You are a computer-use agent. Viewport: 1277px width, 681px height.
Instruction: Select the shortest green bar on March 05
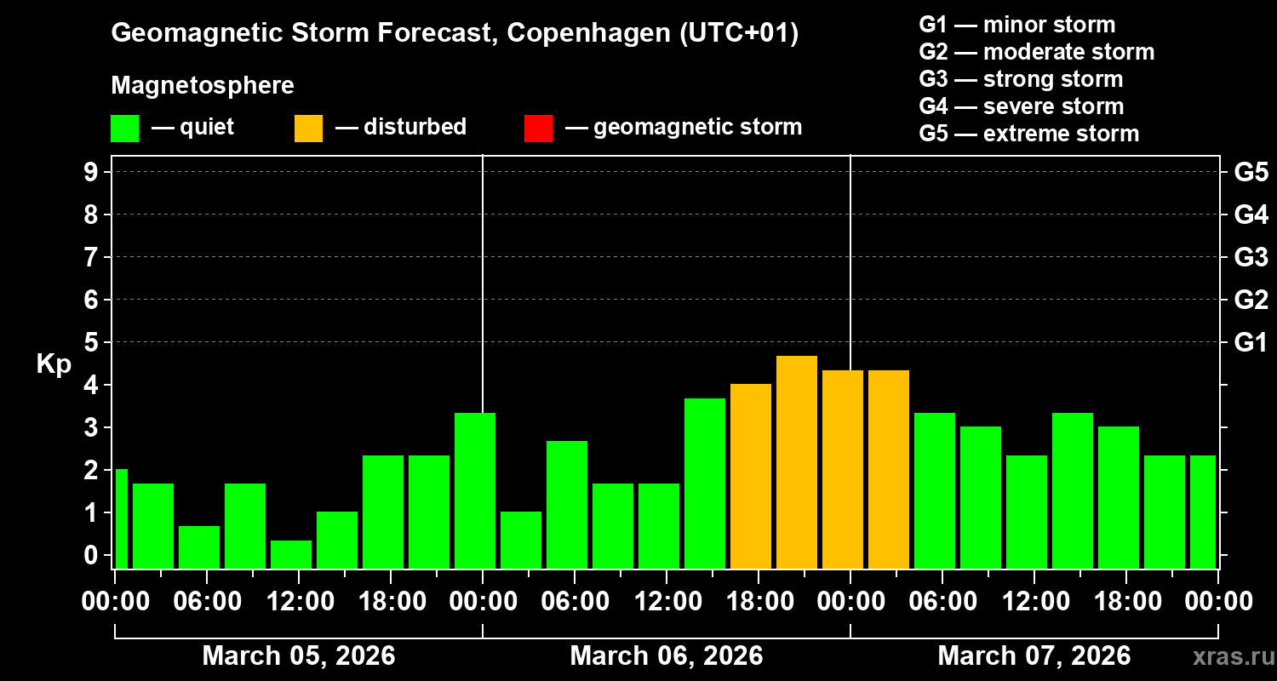291,553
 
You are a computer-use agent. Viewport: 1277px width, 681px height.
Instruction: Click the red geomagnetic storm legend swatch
538,128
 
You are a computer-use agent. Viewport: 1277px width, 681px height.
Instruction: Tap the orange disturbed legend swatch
308,128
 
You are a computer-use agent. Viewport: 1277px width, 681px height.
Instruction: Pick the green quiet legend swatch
124,128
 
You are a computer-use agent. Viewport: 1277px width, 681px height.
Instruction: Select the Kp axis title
54,363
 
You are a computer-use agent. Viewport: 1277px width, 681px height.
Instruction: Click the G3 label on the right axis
1251,257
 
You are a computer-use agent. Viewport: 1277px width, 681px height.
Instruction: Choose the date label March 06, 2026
666,655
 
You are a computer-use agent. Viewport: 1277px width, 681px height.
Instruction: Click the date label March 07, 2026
1034,655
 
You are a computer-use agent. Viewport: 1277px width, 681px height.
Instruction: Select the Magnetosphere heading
203,86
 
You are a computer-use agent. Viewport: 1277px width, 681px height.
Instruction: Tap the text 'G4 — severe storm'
1022,106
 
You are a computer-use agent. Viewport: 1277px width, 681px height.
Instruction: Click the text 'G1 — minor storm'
1017,25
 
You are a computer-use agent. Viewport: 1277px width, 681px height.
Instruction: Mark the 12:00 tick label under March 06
667,601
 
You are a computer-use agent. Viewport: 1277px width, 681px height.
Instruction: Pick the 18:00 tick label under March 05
391,601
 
